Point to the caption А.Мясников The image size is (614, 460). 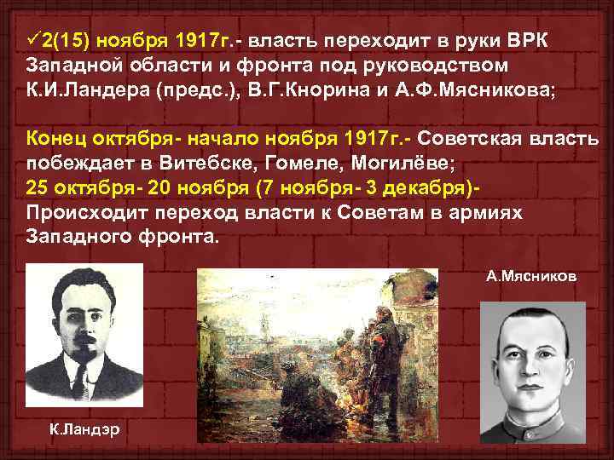click(x=531, y=277)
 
